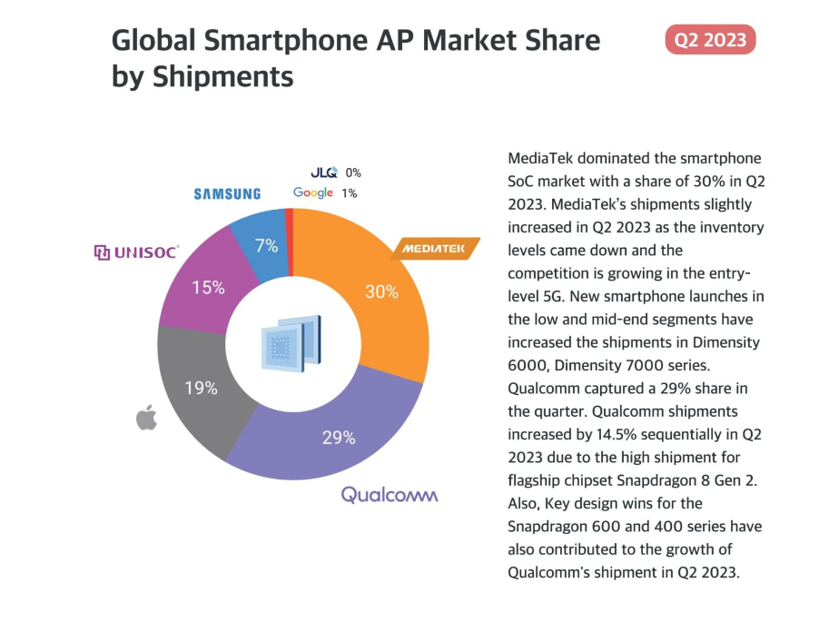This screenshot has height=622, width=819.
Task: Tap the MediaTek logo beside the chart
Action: coord(435,248)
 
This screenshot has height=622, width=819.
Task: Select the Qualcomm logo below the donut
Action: coord(390,495)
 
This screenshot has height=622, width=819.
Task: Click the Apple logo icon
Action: coord(146,418)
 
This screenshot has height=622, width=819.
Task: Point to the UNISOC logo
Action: coord(137,252)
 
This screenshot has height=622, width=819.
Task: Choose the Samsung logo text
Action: coord(227,193)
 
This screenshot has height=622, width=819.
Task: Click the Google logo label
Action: coord(313,193)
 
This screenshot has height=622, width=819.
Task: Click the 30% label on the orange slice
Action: coord(381,291)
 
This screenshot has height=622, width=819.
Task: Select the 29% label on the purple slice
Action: coord(338,438)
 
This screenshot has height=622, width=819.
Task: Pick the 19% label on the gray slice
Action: coord(201,388)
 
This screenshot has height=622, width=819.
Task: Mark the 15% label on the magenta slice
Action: coord(208,288)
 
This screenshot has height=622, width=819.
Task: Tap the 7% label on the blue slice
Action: coord(266,245)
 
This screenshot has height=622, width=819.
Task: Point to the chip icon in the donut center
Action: coord(291,343)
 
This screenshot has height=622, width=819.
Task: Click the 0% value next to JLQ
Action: coord(353,172)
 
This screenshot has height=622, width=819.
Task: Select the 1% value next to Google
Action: coord(350,193)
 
